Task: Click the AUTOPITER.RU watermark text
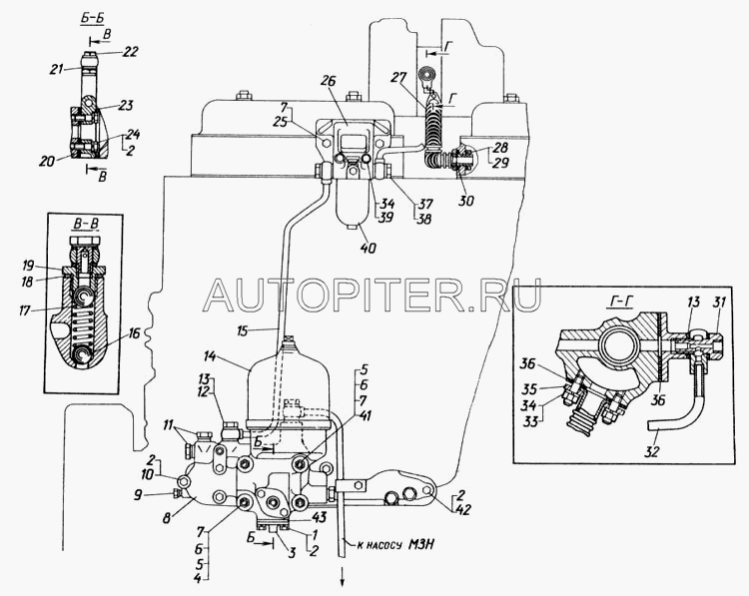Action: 372,293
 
